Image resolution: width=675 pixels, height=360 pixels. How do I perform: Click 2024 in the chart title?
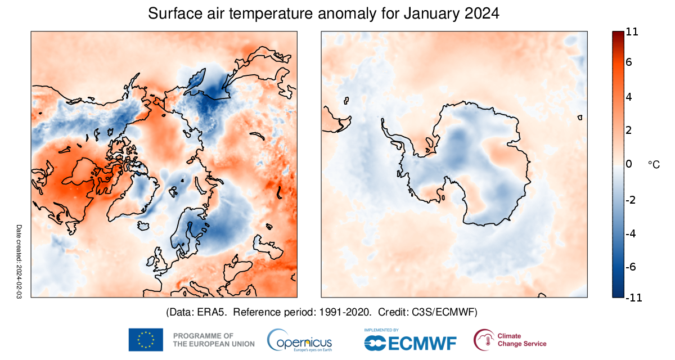pyautogui.click(x=482, y=13)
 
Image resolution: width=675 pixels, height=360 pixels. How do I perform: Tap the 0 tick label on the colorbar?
pyautogui.click(x=628, y=164)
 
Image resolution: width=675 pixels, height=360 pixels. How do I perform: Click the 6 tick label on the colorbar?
pyautogui.click(x=628, y=62)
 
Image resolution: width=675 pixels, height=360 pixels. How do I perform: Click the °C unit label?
pyautogui.click(x=654, y=164)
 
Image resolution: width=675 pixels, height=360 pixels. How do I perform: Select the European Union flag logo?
pyautogui.click(x=146, y=340)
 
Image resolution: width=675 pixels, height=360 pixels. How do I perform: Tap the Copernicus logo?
pyautogui.click(x=300, y=340)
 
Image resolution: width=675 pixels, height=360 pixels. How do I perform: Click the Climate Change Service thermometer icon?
pyautogui.click(x=483, y=340)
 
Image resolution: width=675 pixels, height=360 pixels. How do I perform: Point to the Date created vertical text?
pyautogui.click(x=19, y=261)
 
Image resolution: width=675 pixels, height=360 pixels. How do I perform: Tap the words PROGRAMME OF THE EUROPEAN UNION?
pyautogui.click(x=213, y=340)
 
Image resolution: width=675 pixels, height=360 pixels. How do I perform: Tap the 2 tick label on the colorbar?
pyautogui.click(x=628, y=130)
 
